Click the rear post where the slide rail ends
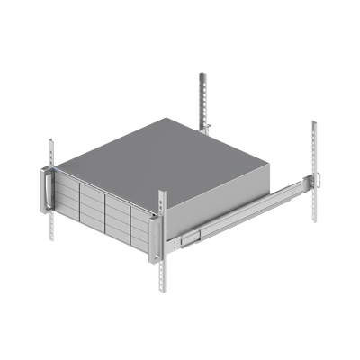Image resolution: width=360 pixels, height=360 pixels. pos(314,162)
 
